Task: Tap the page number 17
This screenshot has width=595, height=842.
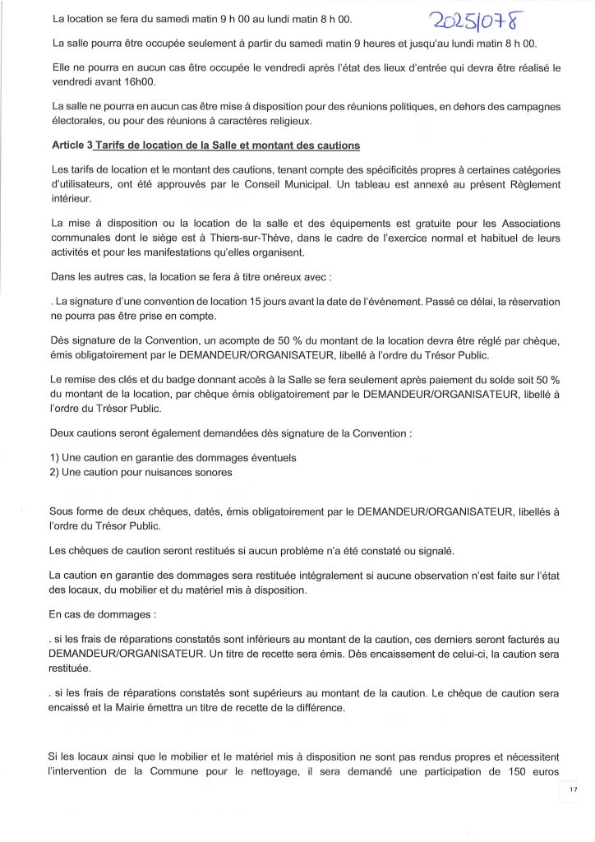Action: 573,789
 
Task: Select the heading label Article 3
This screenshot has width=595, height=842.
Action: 71,146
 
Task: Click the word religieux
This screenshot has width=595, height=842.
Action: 288,122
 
